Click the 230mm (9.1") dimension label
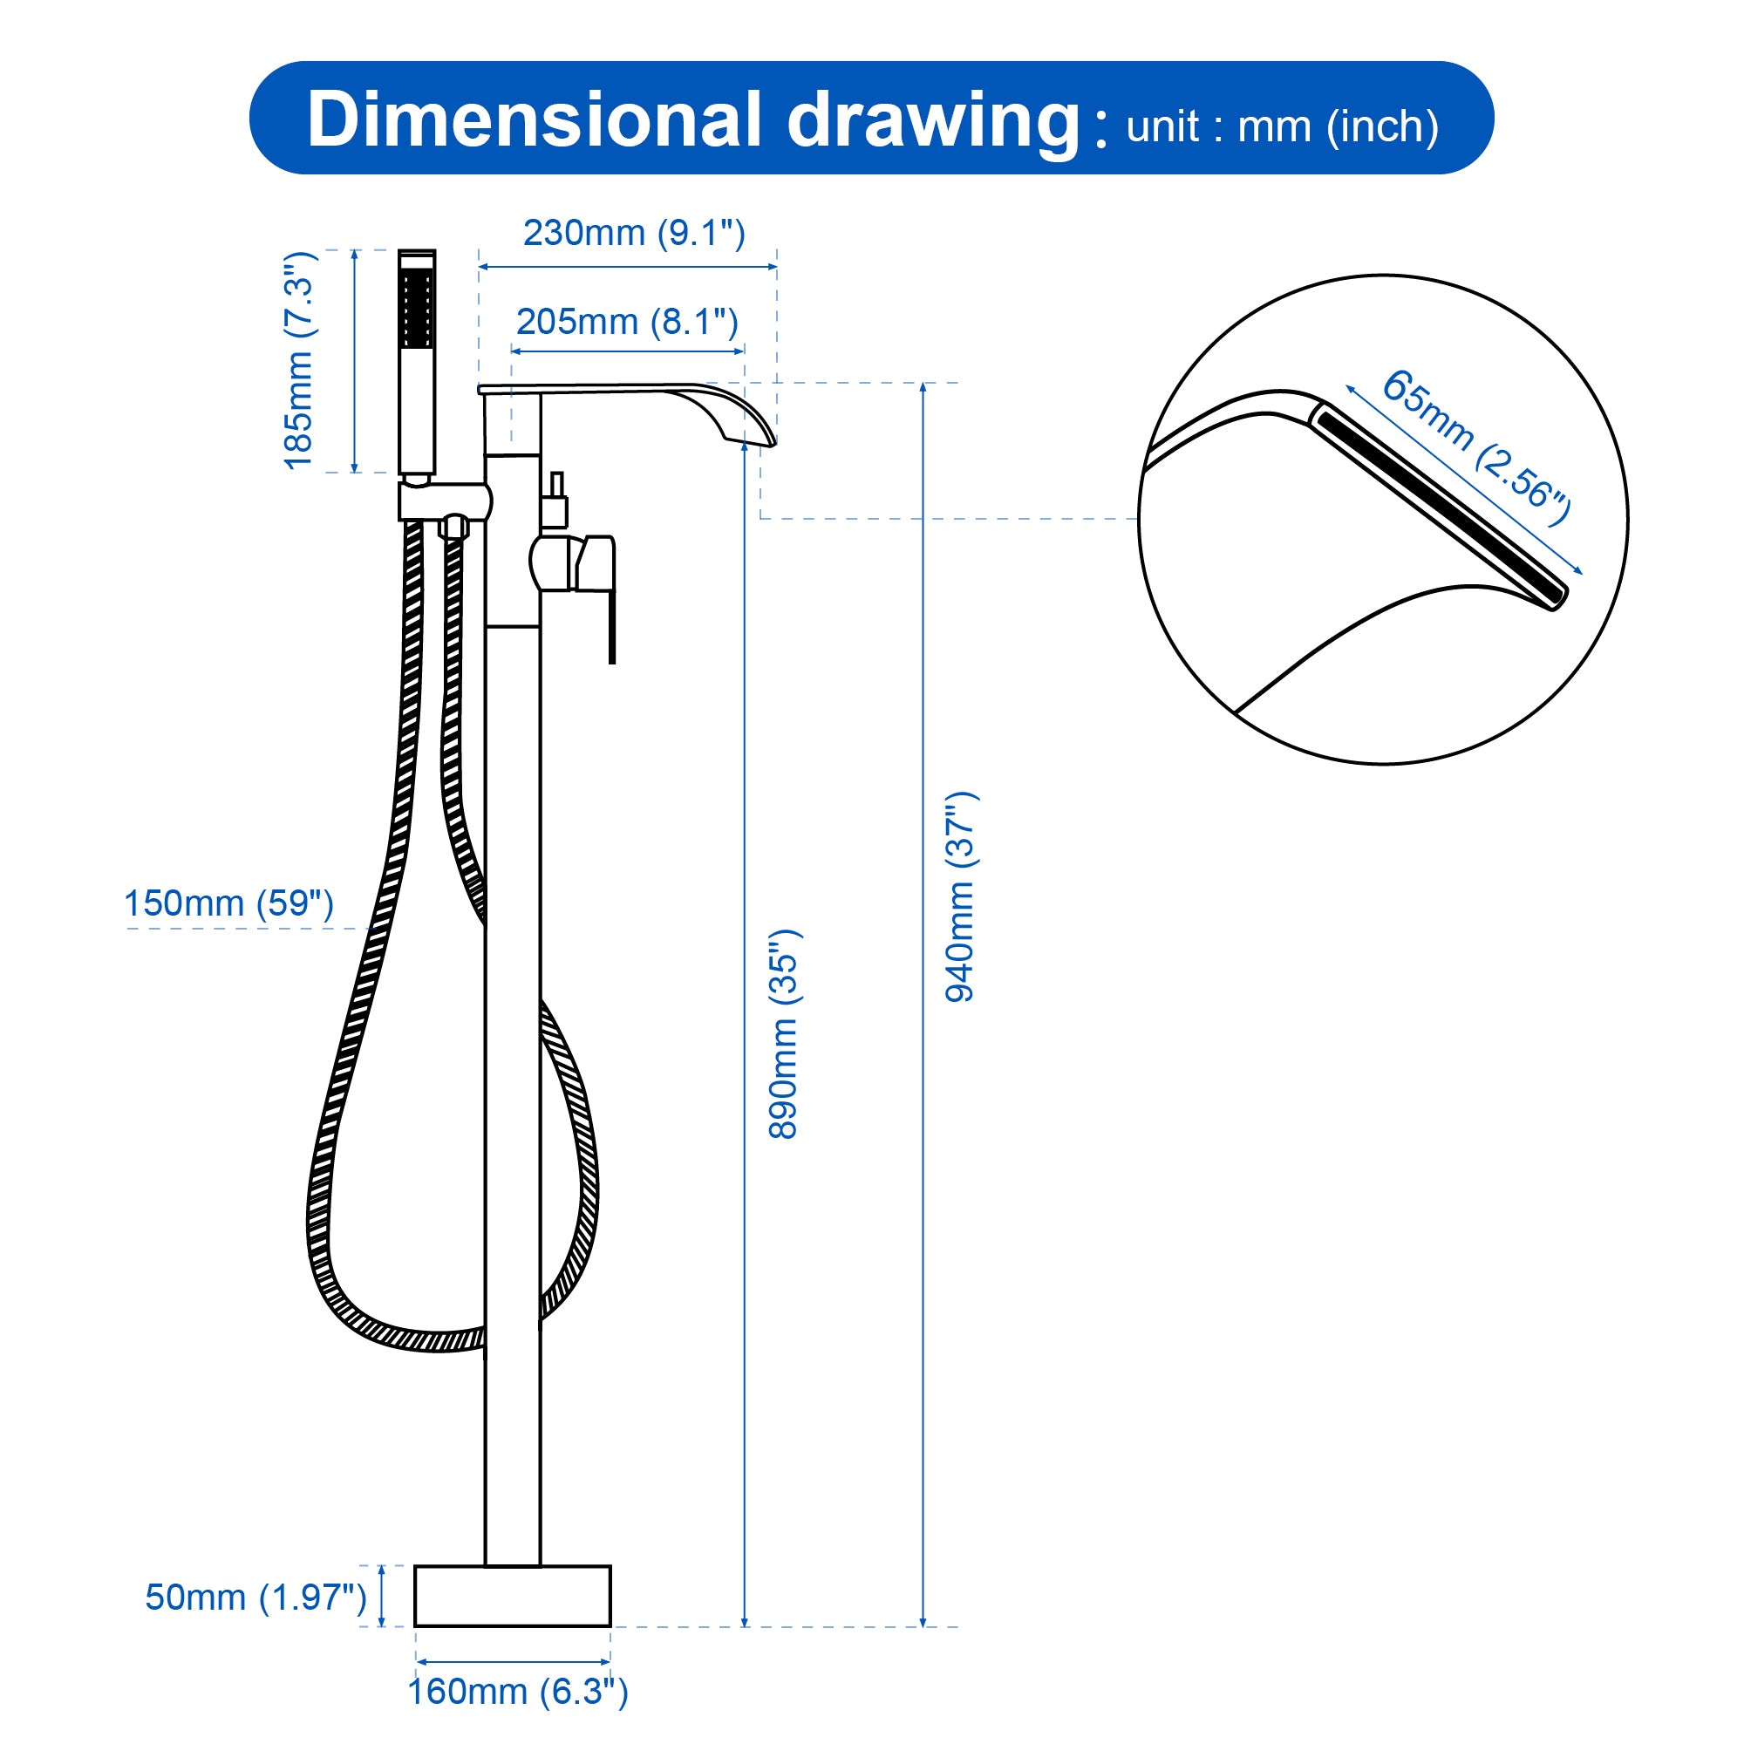[x=634, y=233]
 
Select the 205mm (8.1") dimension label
[x=626, y=322]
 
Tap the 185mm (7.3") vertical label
[x=299, y=360]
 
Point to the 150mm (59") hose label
[x=228, y=903]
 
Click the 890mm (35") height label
[x=784, y=1034]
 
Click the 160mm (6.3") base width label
[x=517, y=1691]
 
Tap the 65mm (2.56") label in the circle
[x=1476, y=446]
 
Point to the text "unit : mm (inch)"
[x=1282, y=126]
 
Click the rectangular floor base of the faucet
[x=512, y=1596]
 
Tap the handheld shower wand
[x=417, y=361]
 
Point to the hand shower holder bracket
[x=444, y=502]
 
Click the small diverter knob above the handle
[x=555, y=501]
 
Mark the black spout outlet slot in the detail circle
[x=1440, y=507]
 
